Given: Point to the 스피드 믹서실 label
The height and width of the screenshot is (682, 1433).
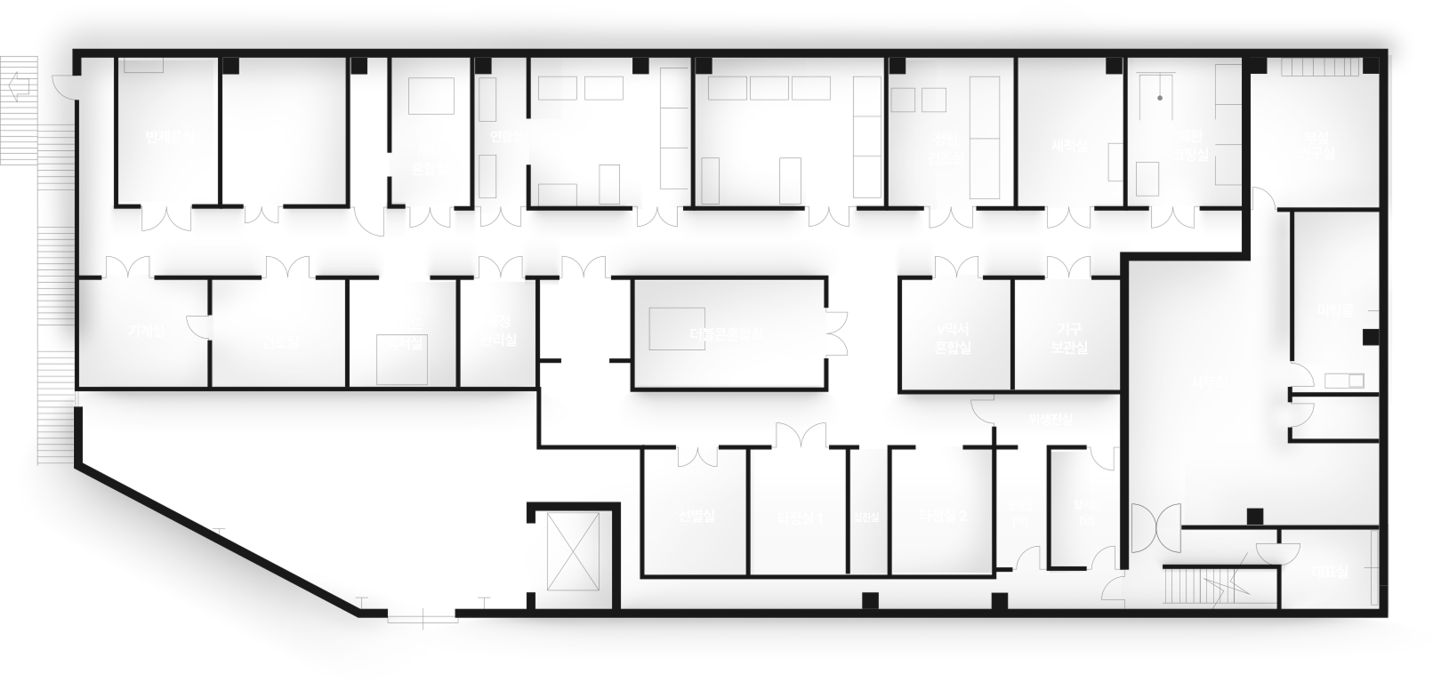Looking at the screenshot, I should coord(404,333).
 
